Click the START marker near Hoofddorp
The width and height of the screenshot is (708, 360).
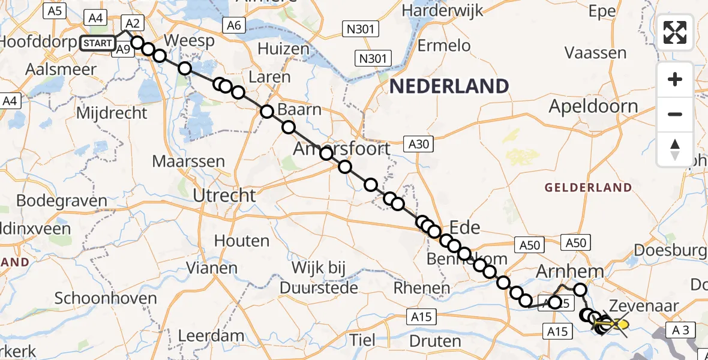click(97, 43)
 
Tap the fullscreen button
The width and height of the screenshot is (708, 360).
click(675, 32)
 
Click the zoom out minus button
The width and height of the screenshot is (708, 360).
click(675, 114)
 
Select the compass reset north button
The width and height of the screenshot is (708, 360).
click(675, 149)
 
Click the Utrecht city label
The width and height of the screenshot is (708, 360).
click(224, 195)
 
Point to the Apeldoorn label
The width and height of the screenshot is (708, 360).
click(594, 107)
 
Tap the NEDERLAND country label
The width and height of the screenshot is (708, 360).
click(449, 86)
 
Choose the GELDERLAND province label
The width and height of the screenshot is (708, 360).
click(588, 188)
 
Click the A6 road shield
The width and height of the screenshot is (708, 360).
click(233, 25)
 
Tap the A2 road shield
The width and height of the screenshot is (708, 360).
click(133, 23)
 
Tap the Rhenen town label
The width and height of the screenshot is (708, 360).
click(421, 288)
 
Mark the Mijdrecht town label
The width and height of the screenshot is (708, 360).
click(113, 113)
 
